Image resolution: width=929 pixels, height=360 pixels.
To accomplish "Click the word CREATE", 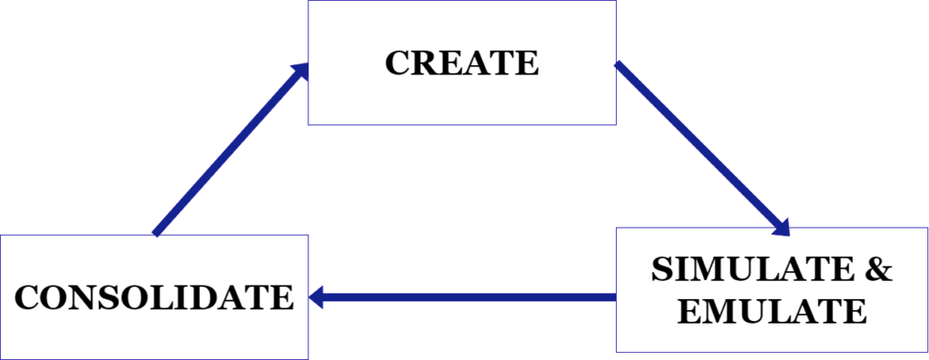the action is (462, 63).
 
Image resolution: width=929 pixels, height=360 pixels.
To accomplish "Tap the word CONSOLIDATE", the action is (154, 297).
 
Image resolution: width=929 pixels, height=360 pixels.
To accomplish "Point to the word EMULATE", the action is (772, 311).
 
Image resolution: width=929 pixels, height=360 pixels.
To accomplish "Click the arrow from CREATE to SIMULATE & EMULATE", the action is (699, 144).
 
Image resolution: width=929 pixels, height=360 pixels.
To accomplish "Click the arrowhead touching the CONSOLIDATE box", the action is (319, 297).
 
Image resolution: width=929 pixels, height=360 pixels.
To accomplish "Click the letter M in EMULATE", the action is (716, 311).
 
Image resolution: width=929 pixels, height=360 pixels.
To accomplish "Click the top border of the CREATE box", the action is (462, 1).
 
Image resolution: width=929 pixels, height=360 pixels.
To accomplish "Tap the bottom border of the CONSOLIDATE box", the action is (154, 358).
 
